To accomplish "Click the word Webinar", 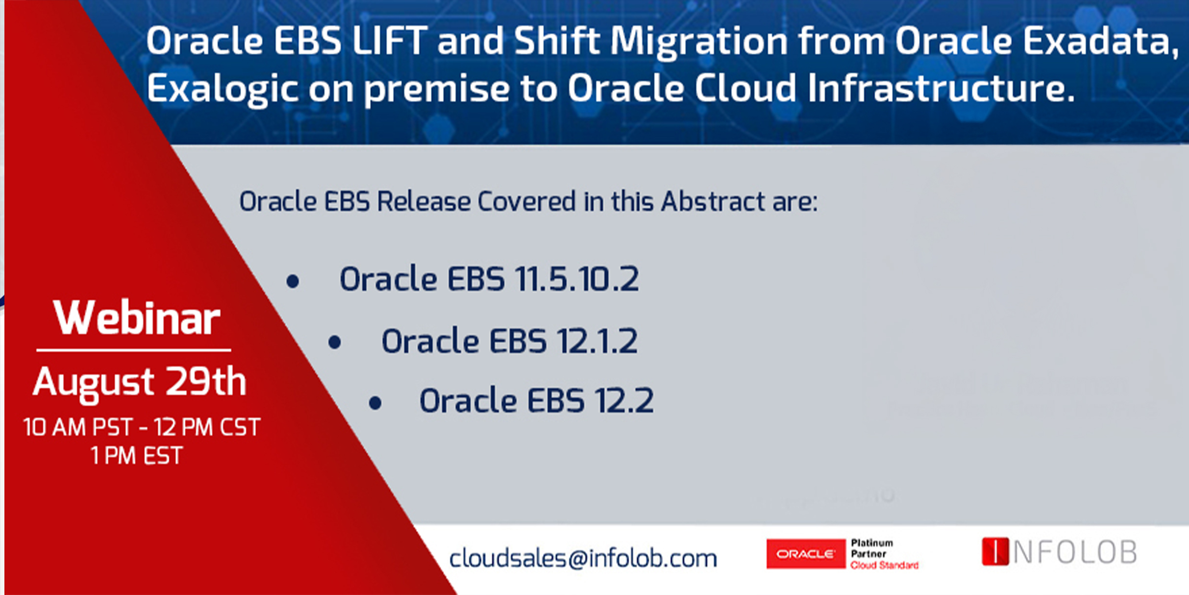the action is (137, 318).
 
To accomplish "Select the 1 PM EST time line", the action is (137, 456).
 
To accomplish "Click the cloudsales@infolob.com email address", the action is (583, 558).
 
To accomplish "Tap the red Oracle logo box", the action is (806, 554).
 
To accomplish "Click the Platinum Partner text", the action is (872, 548).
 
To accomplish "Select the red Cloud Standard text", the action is (885, 565).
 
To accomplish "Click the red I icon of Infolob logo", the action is (995, 551).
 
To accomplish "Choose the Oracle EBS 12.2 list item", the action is (536, 401).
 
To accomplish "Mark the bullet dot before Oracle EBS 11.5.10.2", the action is (293, 281).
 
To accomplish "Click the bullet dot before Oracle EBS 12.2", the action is (375, 403).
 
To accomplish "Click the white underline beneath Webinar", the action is (134, 350).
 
